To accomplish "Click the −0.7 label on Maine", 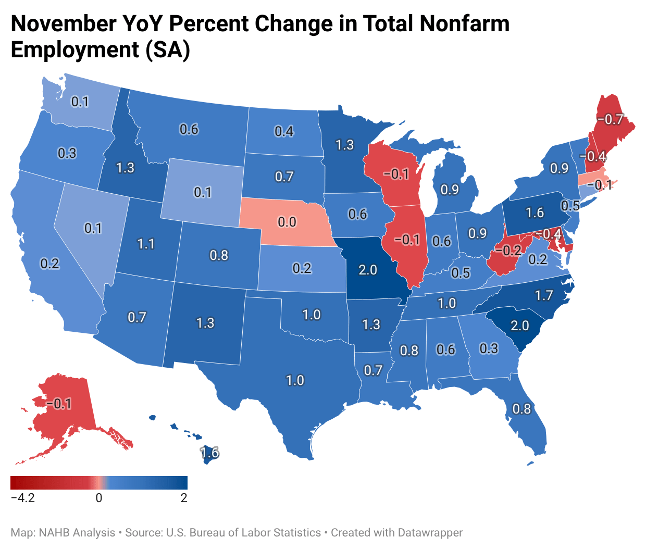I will pos(610,119).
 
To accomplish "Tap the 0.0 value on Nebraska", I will pos(287,222).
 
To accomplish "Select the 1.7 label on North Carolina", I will pos(544,296).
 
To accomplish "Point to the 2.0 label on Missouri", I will pos(368,270).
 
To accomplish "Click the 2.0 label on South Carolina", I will pos(519,326).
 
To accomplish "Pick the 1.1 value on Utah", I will pos(146,244).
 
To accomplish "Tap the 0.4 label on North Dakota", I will pos(284,131).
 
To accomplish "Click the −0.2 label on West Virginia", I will pos(508,251).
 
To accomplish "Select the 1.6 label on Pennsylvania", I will pos(535,213).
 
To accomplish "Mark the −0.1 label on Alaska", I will pos(58,404).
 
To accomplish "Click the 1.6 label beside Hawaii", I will pos(209,453).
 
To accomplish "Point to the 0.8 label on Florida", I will pos(521,409).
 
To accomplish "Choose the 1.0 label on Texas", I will pos(295,380).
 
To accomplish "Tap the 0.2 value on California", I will pos(50,264).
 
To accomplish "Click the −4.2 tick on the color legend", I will pos(23,498).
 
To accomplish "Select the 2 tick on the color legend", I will pos(184,498).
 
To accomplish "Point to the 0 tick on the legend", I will pos(99,498).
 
